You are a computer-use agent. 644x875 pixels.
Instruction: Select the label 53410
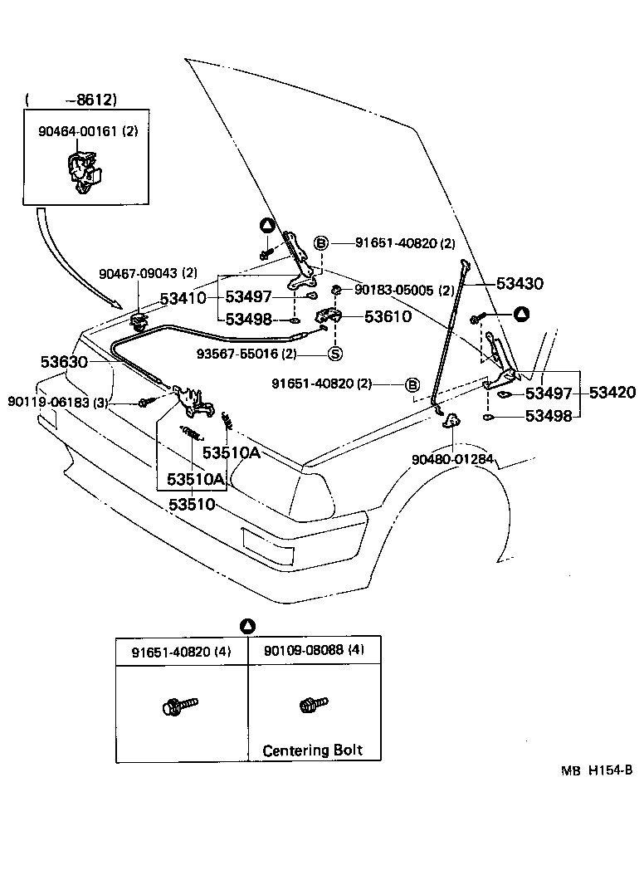tap(183, 297)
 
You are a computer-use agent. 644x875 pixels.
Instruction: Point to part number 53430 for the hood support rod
tap(520, 284)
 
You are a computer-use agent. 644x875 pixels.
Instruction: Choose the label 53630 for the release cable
tap(63, 363)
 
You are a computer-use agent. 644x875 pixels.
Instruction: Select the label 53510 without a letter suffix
tap(192, 505)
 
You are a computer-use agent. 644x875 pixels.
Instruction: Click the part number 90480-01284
tap(451, 458)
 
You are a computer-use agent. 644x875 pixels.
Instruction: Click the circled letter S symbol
tap(335, 354)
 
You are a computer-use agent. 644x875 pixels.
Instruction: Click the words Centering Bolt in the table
tap(312, 750)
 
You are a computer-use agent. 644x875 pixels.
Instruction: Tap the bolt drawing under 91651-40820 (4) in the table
tap(179, 706)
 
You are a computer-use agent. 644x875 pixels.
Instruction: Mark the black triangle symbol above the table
tap(247, 625)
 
